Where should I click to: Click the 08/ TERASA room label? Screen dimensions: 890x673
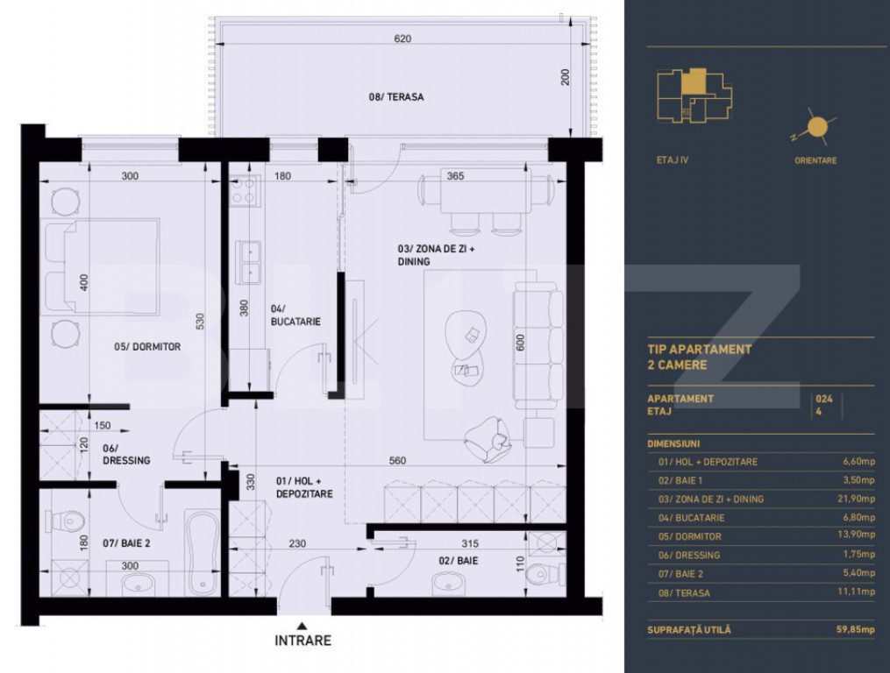(396, 97)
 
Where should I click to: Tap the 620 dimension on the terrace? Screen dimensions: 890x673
(402, 39)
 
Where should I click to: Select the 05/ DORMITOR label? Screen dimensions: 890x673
(147, 347)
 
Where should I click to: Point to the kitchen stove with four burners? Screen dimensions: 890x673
(245, 190)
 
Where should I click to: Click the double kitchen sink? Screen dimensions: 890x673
(249, 262)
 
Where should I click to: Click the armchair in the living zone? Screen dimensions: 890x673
(487, 439)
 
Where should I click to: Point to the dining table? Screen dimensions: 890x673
(486, 193)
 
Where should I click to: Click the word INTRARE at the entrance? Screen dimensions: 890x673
(303, 641)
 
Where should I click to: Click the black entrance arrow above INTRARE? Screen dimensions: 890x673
(303, 626)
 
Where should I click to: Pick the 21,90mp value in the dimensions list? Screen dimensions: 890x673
(858, 499)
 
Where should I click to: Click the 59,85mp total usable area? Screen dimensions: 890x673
(855, 629)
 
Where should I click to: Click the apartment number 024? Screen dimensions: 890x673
(824, 399)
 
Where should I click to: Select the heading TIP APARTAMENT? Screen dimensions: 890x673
(700, 350)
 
